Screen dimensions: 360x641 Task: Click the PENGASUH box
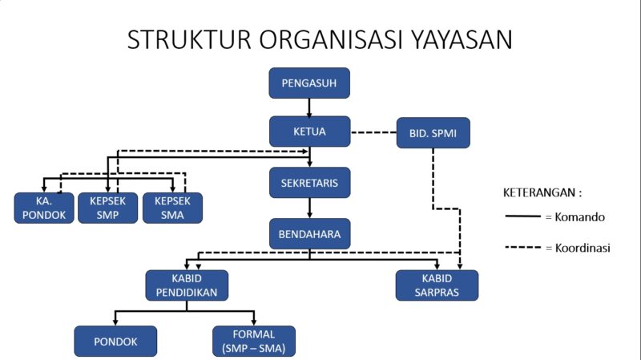[309, 83]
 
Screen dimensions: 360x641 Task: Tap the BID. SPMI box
[433, 132]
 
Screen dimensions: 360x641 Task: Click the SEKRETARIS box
[309, 183]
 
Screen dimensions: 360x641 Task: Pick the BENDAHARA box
[309, 234]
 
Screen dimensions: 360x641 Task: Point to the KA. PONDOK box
[44, 208]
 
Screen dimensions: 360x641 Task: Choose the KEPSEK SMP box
[107, 208]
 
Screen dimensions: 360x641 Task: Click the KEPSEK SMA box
[172, 208]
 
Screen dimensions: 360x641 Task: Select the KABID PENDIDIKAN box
[186, 285]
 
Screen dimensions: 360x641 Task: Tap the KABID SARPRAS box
[437, 285]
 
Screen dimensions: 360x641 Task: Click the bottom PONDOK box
[115, 341]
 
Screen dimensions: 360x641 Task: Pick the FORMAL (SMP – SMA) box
[254, 341]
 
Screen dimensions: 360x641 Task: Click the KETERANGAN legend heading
[542, 193]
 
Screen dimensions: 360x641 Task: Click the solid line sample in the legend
[522, 216]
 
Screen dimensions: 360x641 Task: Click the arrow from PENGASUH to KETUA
[309, 107]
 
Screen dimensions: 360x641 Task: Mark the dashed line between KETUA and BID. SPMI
[373, 132]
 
